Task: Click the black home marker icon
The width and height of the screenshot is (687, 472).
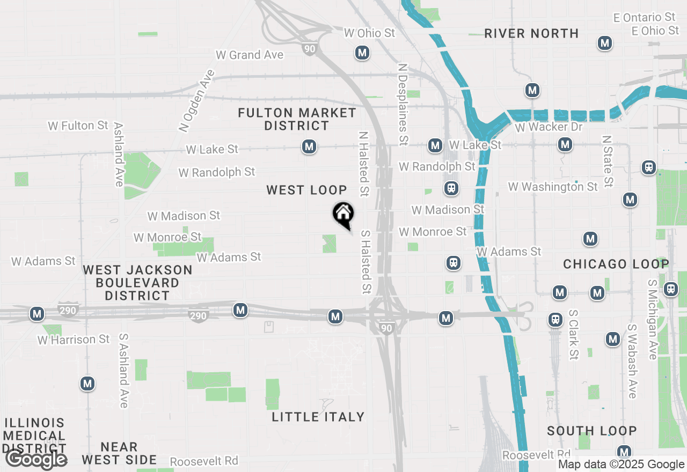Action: pyautogui.click(x=343, y=214)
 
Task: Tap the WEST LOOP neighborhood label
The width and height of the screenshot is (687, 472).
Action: pyautogui.click(x=306, y=190)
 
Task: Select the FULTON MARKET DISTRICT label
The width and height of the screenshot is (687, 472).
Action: pyautogui.click(x=297, y=119)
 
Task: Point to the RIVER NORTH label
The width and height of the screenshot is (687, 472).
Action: pyautogui.click(x=531, y=33)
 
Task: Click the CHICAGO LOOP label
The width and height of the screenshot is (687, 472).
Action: pyautogui.click(x=616, y=264)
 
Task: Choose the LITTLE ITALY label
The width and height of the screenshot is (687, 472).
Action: pyautogui.click(x=318, y=417)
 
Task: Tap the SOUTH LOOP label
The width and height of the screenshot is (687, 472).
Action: pyautogui.click(x=591, y=431)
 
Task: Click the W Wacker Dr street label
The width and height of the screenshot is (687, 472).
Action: pyautogui.click(x=549, y=127)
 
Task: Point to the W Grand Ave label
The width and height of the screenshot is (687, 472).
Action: pyautogui.click(x=249, y=55)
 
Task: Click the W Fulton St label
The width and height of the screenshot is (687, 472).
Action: pyautogui.click(x=78, y=126)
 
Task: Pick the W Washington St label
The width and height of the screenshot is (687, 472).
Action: pyautogui.click(x=552, y=187)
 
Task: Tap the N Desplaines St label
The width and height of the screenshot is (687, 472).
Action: pyautogui.click(x=403, y=105)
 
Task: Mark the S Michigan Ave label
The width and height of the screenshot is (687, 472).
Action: pyautogui.click(x=652, y=319)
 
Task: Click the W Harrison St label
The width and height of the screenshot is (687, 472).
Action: pyautogui.click(x=74, y=340)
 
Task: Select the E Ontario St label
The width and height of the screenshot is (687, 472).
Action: pyautogui.click(x=644, y=18)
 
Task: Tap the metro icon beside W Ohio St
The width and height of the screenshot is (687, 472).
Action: pyautogui.click(x=362, y=53)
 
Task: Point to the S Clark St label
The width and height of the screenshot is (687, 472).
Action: pyautogui.click(x=573, y=334)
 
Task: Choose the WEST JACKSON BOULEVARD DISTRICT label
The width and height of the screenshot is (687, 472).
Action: pyautogui.click(x=137, y=283)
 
